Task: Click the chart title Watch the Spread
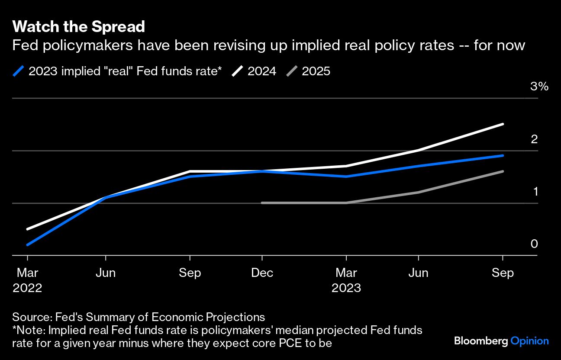[x=79, y=27]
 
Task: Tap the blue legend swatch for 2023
[x=19, y=71]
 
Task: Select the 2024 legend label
[x=261, y=71]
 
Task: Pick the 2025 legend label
[x=316, y=71]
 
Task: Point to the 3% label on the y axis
[x=539, y=87]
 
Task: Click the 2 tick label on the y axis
[x=534, y=139]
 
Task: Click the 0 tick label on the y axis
[x=534, y=244]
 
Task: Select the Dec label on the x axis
[x=262, y=273]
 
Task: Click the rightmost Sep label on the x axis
[x=503, y=273]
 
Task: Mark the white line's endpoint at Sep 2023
[x=503, y=124]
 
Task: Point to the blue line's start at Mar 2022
[x=28, y=245]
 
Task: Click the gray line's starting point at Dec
[x=262, y=202]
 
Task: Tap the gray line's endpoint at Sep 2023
[x=503, y=171]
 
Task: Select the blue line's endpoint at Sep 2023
[x=503, y=155]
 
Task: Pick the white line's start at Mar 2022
[x=28, y=229]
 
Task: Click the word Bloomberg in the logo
[x=481, y=341]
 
